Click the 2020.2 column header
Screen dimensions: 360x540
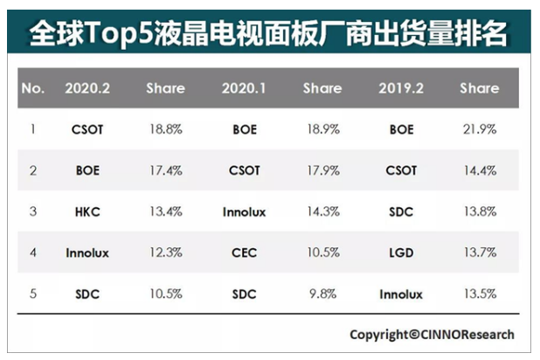click(x=87, y=88)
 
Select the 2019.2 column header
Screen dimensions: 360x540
click(x=401, y=88)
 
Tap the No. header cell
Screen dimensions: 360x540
click(x=32, y=88)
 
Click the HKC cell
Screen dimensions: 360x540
click(x=87, y=211)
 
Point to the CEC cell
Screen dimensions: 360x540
click(x=245, y=253)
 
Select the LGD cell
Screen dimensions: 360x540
click(x=401, y=253)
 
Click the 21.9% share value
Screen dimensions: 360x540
click(x=480, y=129)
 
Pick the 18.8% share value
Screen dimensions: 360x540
click(x=165, y=129)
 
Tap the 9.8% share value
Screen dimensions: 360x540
click(x=322, y=294)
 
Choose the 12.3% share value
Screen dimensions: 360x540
click(x=165, y=253)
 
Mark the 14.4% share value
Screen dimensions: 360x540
click(x=480, y=170)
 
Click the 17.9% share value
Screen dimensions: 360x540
click(x=322, y=170)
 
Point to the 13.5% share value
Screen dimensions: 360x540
click(x=480, y=294)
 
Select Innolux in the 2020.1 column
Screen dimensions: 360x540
click(x=245, y=211)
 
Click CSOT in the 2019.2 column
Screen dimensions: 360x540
click(x=401, y=170)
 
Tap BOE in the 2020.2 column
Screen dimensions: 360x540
click(x=87, y=170)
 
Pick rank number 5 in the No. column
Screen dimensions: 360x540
click(x=32, y=294)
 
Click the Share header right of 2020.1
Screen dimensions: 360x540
click(x=322, y=88)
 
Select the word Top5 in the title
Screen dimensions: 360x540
click(x=126, y=33)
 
